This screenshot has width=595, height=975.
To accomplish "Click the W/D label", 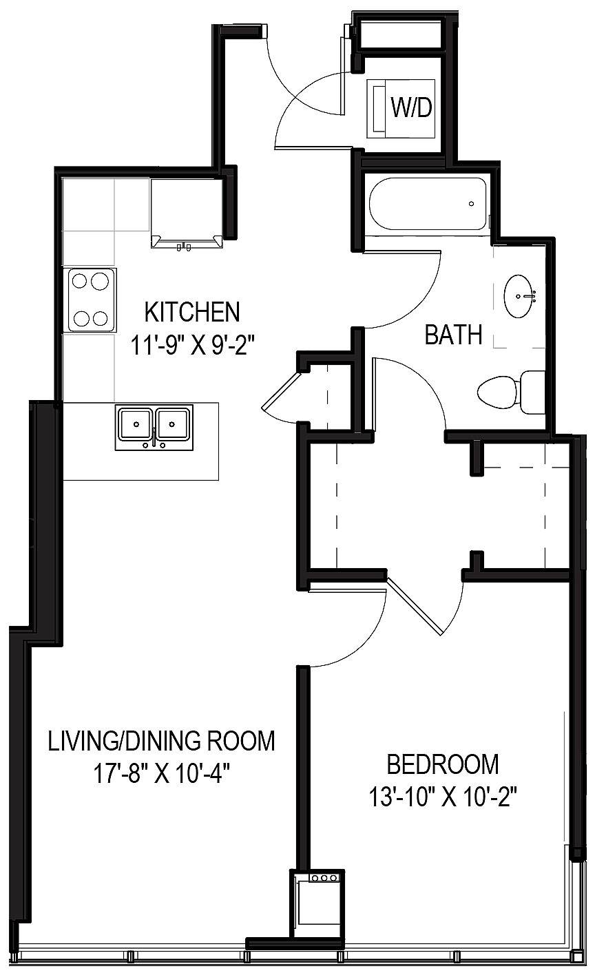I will tap(411, 107).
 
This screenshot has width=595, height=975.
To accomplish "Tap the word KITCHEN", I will tap(192, 312).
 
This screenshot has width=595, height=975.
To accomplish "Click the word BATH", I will tap(452, 335).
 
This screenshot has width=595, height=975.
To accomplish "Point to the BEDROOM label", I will tap(442, 764).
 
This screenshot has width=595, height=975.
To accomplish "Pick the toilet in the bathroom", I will tap(497, 392).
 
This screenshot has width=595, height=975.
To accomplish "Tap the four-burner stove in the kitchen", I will tap(90, 300).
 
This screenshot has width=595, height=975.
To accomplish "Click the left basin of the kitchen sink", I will tap(136, 423).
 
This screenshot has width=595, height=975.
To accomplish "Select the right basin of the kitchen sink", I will tap(174, 423).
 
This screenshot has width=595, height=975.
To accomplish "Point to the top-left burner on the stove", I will tap(80, 281).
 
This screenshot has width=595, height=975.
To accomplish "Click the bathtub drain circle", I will tap(471, 204).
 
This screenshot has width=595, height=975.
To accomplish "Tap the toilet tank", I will tap(532, 392).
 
